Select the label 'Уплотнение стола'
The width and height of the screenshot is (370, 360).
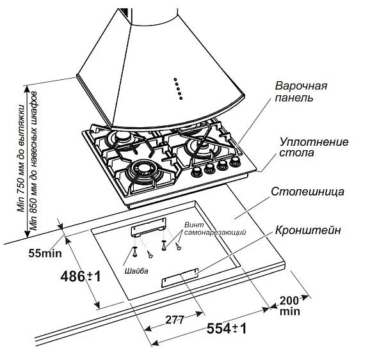pyautogui.click(x=305, y=148)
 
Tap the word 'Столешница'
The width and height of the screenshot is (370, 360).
pyautogui.click(x=308, y=192)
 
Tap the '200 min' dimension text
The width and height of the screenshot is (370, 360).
pyautogui.click(x=289, y=306)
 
